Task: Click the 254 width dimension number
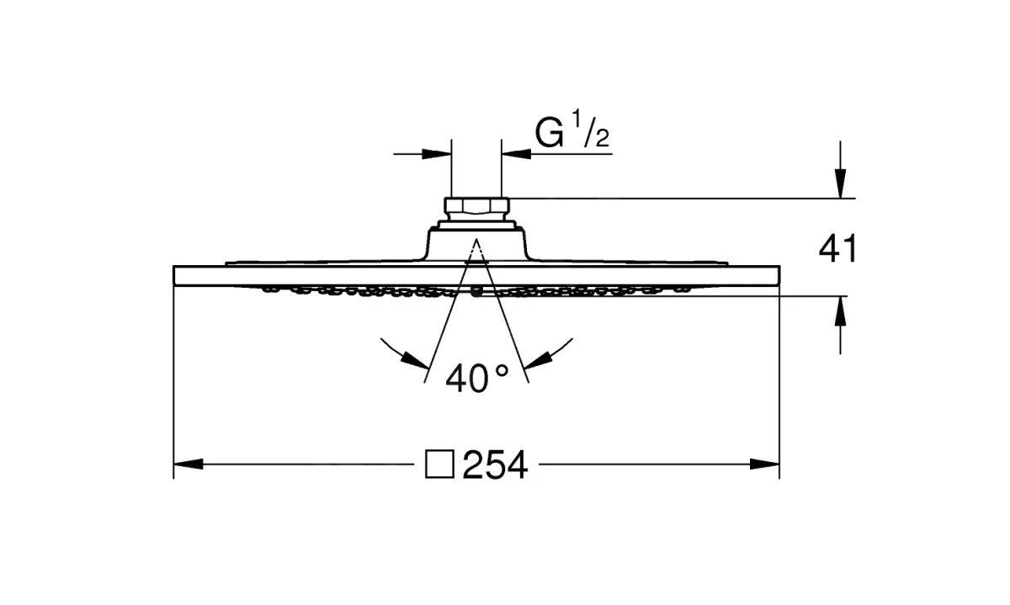pyautogui.click(x=495, y=464)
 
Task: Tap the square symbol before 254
pyautogui.click(x=439, y=464)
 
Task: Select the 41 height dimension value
pyautogui.click(x=837, y=248)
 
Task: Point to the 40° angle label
pyautogui.click(x=477, y=378)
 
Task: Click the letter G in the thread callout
pyautogui.click(x=549, y=133)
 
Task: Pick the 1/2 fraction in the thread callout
pyautogui.click(x=591, y=130)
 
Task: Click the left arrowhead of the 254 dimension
pyautogui.click(x=189, y=464)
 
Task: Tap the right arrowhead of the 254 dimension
pyautogui.click(x=765, y=464)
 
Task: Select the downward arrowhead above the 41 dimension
pyautogui.click(x=840, y=183)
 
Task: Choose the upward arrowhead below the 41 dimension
pyautogui.click(x=840, y=311)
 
